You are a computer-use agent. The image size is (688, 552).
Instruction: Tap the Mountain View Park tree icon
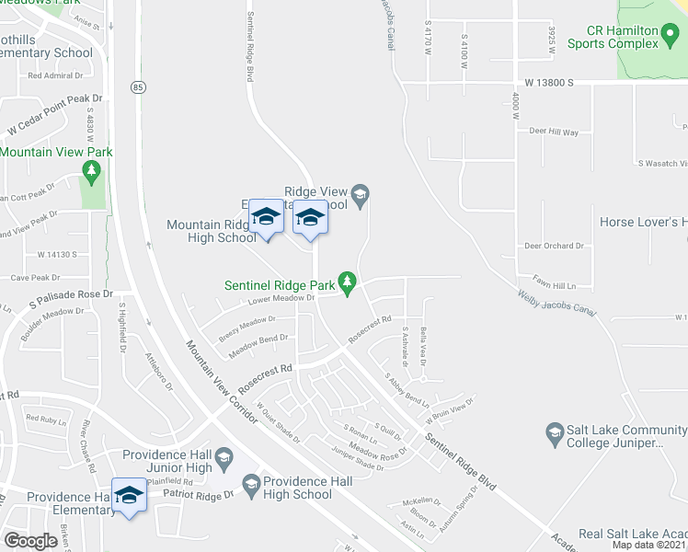pyautogui.click(x=90, y=169)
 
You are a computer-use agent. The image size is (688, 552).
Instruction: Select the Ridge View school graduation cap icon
pyautogui.click(x=361, y=192)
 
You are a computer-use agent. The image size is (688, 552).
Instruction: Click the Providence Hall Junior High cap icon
pyautogui.click(x=224, y=456)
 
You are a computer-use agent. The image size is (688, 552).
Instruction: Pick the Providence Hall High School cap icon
pyautogui.click(x=251, y=482)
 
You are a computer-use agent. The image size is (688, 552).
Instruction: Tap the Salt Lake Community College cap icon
pyautogui.click(x=554, y=431)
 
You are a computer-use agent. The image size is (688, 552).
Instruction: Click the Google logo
pyautogui.click(x=30, y=541)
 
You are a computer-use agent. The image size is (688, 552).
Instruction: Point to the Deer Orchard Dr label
pyautogui.click(x=554, y=246)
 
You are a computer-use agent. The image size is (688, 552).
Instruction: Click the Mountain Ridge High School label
pyautogui.click(x=211, y=231)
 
